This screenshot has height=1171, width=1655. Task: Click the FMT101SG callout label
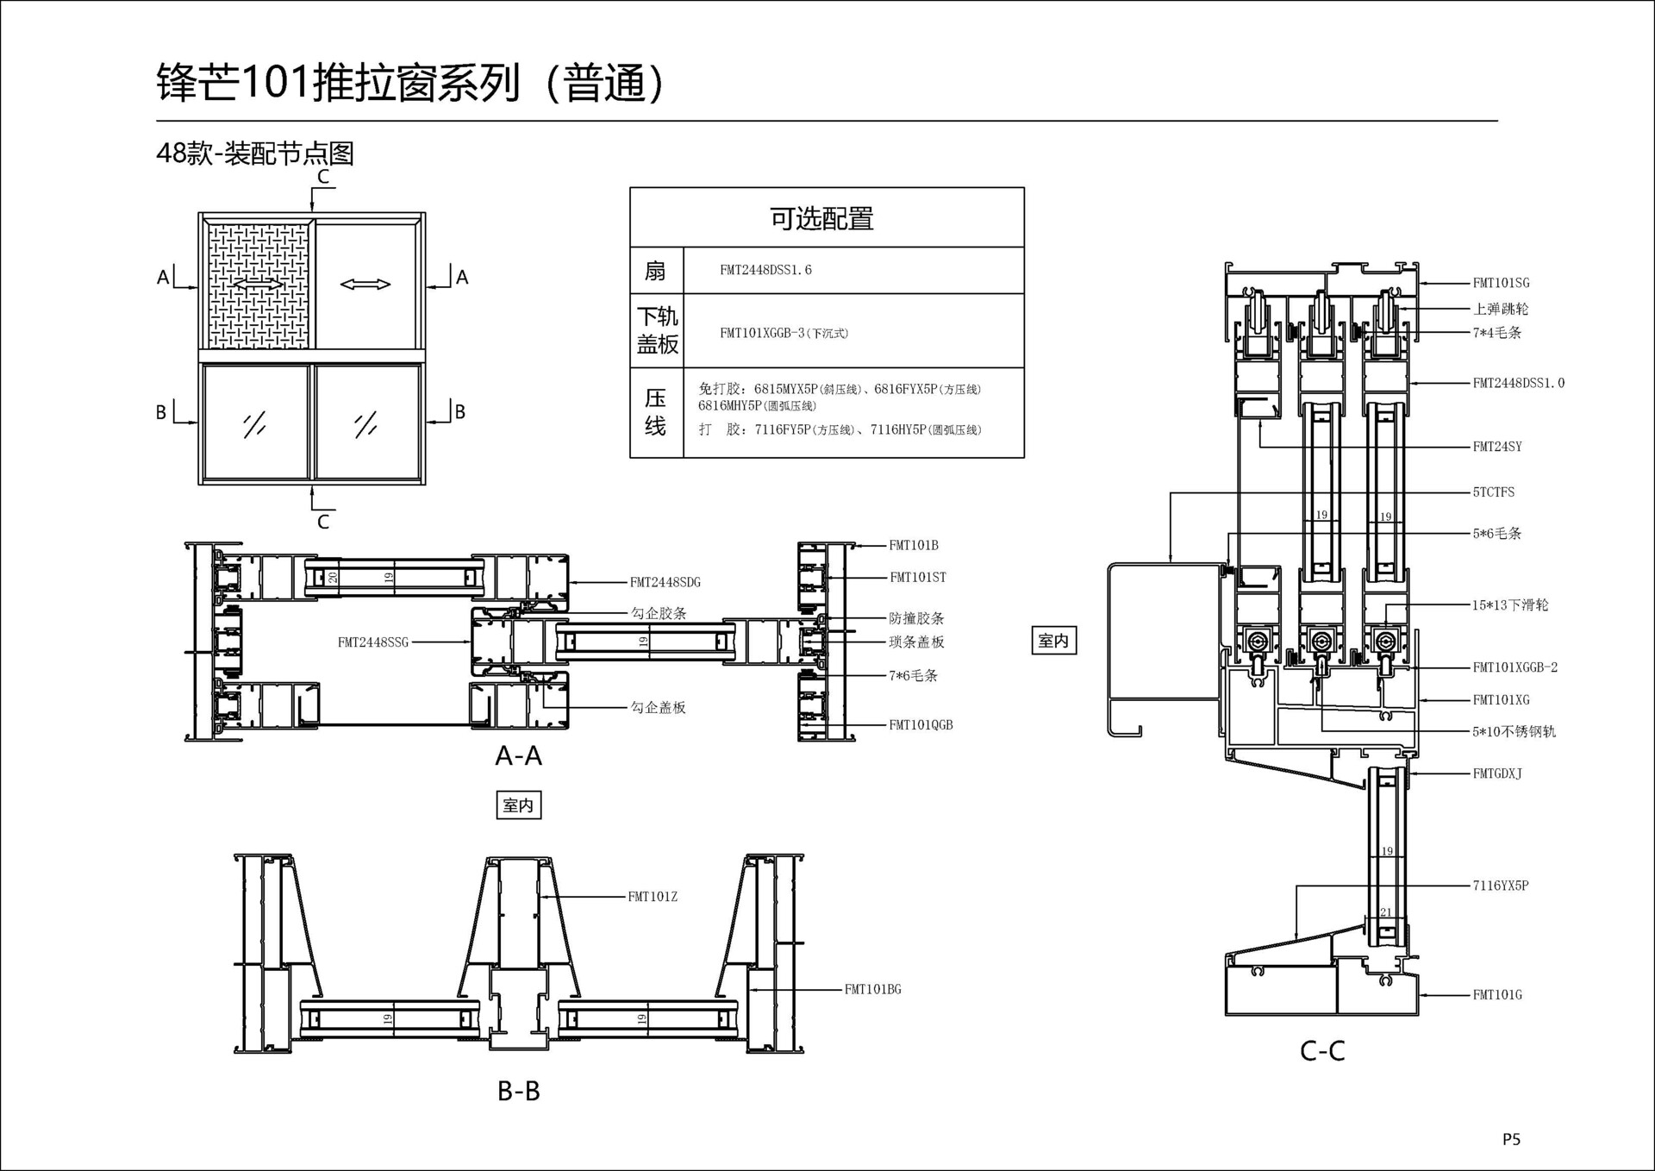coord(1501,283)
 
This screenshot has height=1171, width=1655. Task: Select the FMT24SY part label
coord(1497,447)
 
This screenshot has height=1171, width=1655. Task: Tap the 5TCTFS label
coord(1493,492)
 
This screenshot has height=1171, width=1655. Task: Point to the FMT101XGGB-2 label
coord(1514,667)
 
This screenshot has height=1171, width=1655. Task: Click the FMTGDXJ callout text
coord(1497,774)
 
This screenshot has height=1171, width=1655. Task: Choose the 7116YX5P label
coord(1500,886)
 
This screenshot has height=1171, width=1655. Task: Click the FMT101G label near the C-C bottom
coord(1497,995)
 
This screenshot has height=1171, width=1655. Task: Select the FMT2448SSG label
coord(373,642)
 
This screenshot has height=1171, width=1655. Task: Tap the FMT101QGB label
coord(921,725)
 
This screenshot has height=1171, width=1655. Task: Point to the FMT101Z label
coord(653,897)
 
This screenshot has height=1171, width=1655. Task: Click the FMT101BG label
coord(872,990)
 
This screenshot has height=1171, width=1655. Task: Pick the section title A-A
coord(518,756)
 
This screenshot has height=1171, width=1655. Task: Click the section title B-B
coord(518,1092)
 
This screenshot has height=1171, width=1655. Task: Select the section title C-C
coord(1322,1051)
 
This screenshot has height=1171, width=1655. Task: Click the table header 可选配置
coord(821,219)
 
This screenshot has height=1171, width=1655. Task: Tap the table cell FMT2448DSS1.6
coord(765,270)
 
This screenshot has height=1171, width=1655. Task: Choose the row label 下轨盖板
coord(657,330)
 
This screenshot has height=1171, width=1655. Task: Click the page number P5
coord(1511,1140)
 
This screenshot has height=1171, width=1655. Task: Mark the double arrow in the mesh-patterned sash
coord(258,284)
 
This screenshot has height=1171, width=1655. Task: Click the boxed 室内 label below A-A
coord(518,805)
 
